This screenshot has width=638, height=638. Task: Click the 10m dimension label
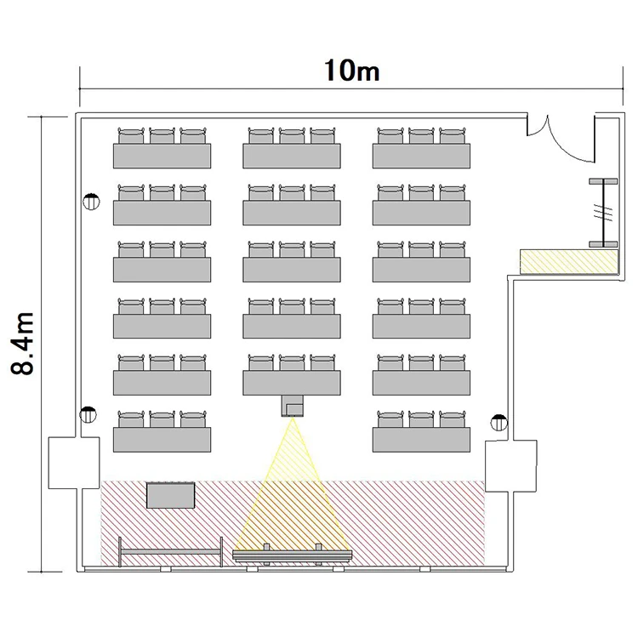[352, 71]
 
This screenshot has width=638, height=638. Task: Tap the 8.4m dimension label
[22, 344]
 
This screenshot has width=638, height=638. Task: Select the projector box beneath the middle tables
[292, 406]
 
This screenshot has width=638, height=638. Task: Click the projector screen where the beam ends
[292, 555]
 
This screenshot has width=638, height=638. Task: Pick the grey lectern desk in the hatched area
[170, 495]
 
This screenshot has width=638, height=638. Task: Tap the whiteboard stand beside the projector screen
[170, 552]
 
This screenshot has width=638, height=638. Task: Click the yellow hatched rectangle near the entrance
[569, 261]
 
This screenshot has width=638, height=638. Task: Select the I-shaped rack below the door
[603, 213]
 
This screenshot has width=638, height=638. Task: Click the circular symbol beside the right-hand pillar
[498, 422]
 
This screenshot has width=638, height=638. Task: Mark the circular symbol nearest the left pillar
[88, 414]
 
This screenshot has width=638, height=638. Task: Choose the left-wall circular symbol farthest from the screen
[91, 202]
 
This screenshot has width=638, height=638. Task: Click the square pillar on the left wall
[74, 463]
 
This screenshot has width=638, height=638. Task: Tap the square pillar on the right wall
[511, 466]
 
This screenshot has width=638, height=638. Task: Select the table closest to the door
[422, 156]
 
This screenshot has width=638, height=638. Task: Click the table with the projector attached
[292, 383]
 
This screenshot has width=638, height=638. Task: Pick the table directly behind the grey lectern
[162, 440]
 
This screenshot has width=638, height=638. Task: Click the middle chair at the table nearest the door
[422, 136]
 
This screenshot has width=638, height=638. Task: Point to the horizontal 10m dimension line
[351, 88]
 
